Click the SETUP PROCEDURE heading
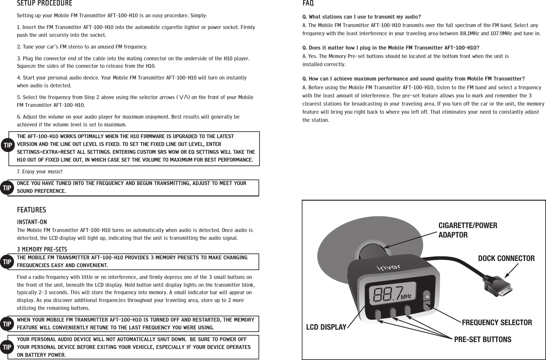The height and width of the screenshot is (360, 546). pyautogui.click(x=45, y=4)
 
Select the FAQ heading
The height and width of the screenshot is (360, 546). pyautogui.click(x=308, y=4)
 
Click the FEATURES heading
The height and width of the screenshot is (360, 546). pyautogui.click(x=31, y=210)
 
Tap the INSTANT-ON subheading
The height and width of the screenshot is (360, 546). pyautogui.click(x=32, y=222)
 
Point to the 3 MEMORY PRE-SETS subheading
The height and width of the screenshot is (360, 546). pyautogui.click(x=42, y=250)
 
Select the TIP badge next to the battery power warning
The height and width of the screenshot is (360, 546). pyautogui.click(x=8, y=347)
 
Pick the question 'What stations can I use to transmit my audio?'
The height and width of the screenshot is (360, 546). pyautogui.click(x=362, y=17)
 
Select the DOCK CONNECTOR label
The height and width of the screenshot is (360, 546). pyautogui.click(x=506, y=259)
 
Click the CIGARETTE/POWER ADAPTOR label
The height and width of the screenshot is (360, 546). pyautogui.click(x=468, y=230)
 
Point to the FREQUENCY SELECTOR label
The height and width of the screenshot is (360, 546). pyautogui.click(x=497, y=323)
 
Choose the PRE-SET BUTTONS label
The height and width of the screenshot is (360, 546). pyautogui.click(x=483, y=339)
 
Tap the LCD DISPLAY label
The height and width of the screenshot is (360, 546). pyautogui.click(x=326, y=327)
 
